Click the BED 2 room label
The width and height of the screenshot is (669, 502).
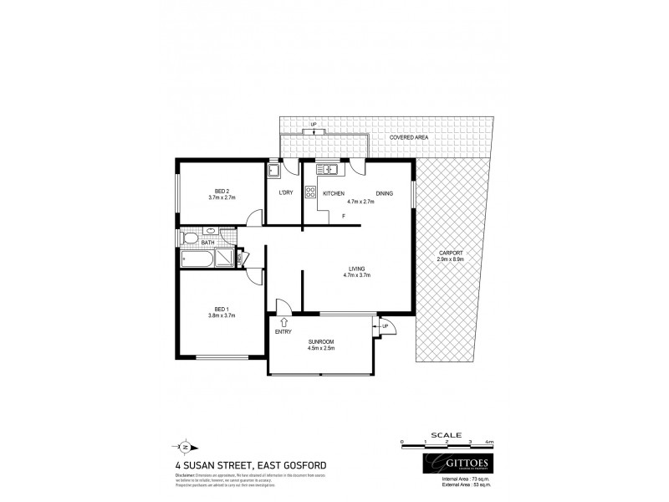(222, 189)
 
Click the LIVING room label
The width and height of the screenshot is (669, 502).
(358, 269)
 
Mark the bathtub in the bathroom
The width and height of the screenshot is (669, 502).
(197, 259)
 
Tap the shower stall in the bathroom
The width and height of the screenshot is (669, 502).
(226, 259)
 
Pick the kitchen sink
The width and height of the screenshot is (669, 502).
(325, 170)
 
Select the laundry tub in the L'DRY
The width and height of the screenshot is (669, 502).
(273, 172)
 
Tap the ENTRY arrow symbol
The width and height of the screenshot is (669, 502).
(284, 320)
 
